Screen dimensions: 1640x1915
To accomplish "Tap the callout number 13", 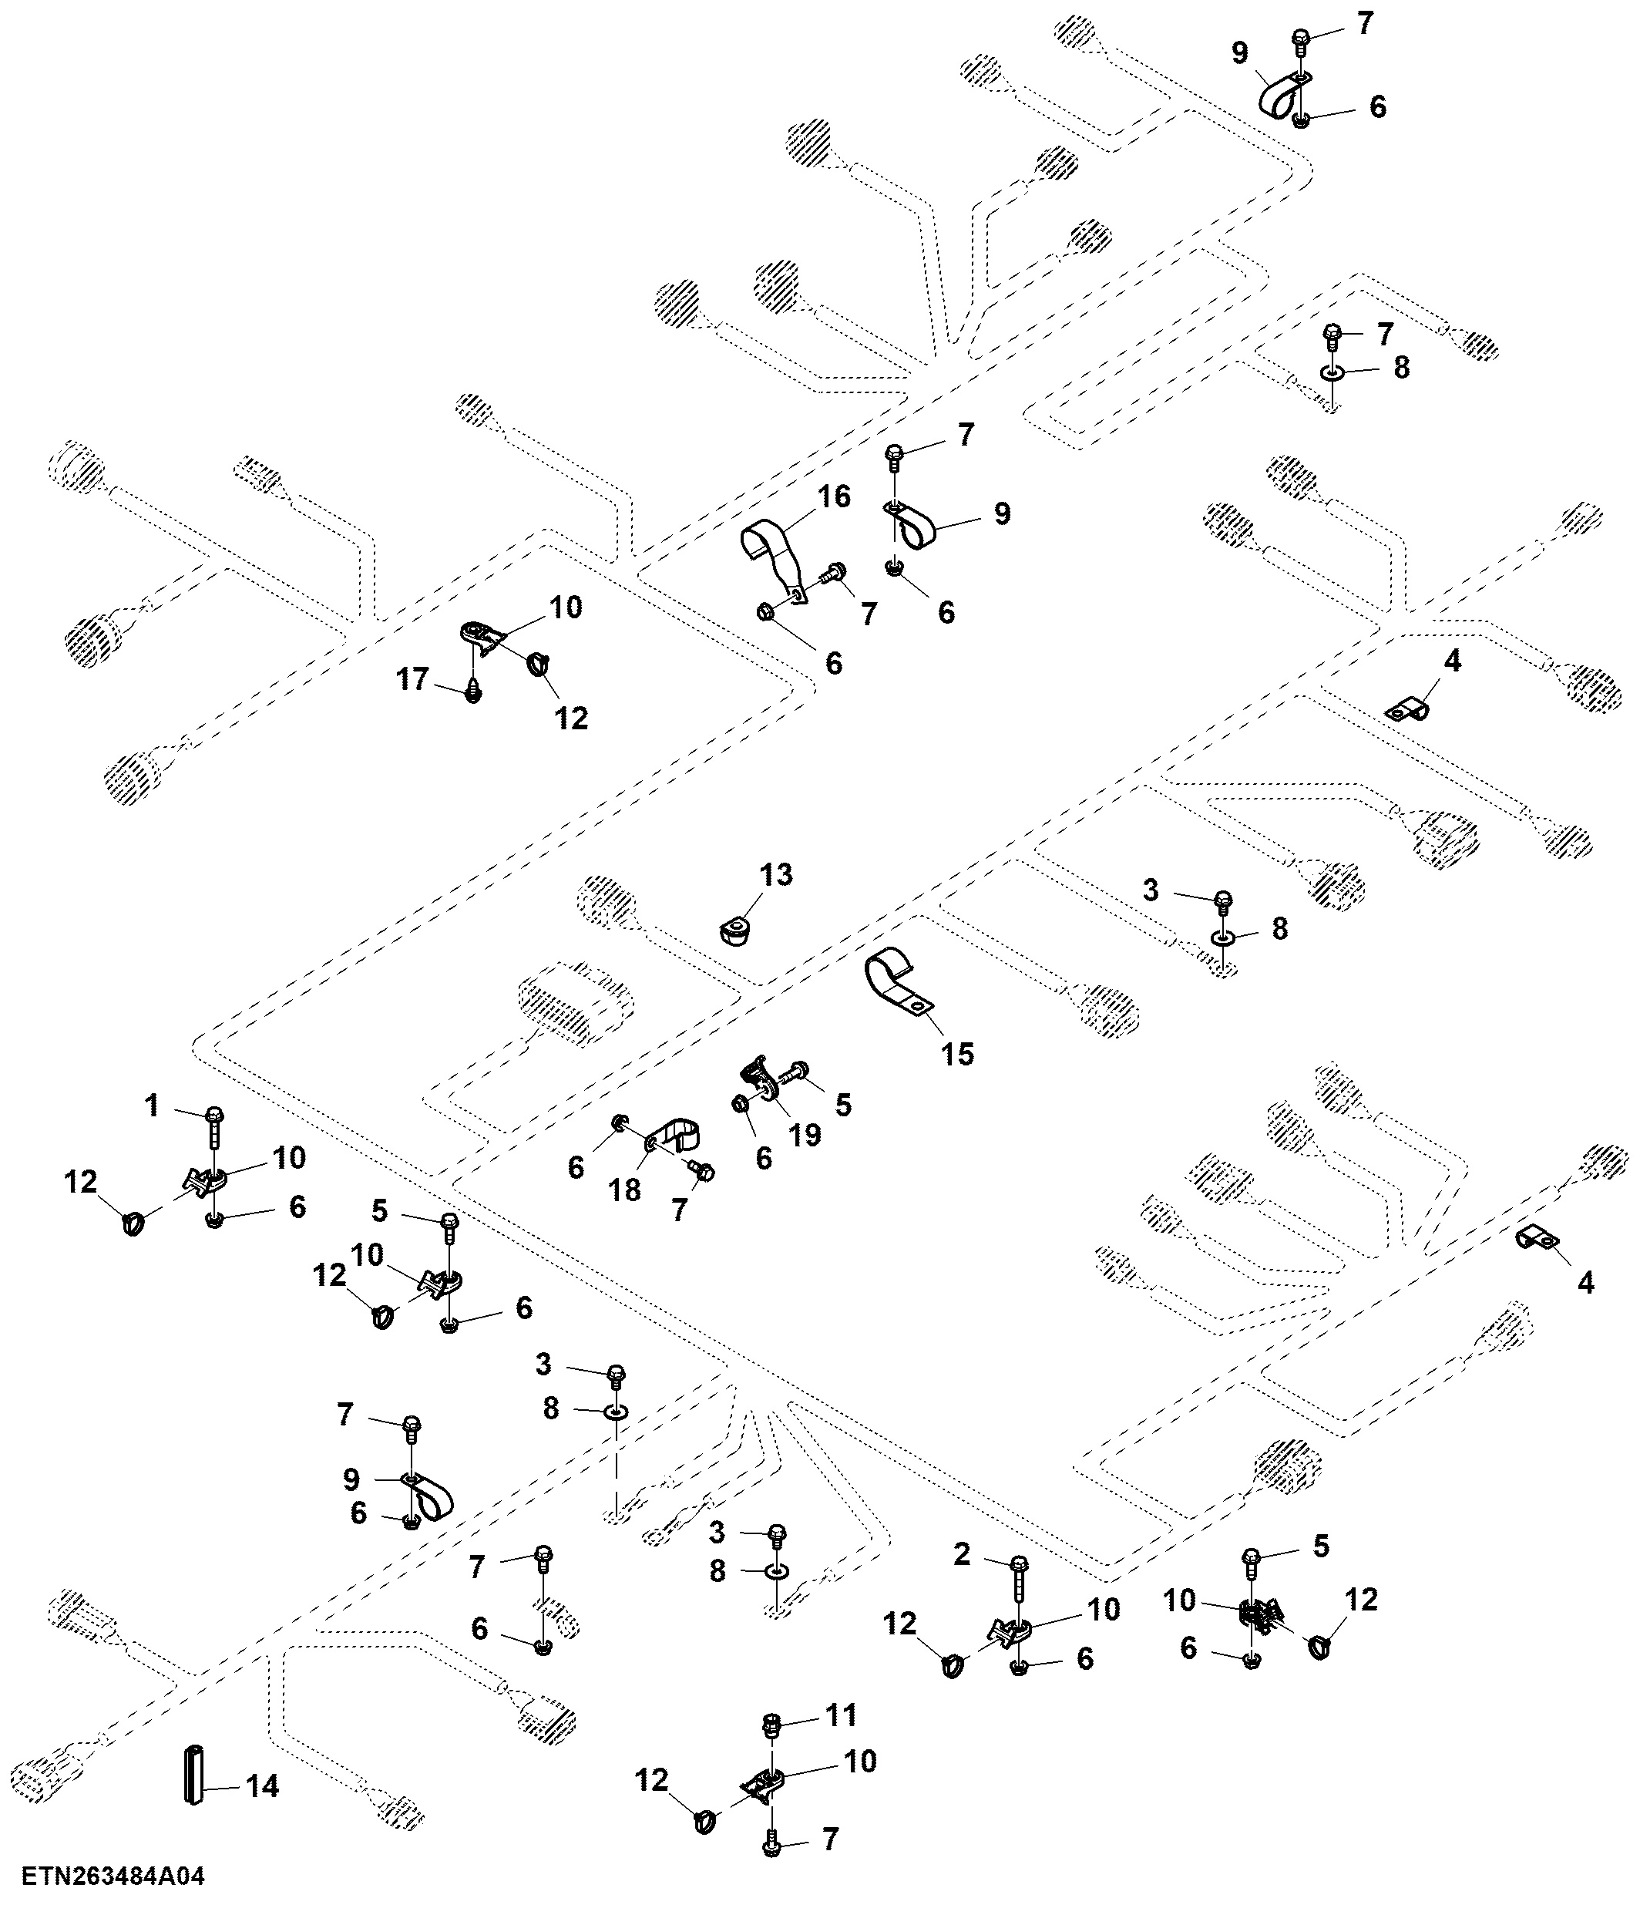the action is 776,874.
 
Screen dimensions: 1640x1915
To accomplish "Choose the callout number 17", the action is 413,679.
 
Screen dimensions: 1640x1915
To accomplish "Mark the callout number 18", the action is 626,1190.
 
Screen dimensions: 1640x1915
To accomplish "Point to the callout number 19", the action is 805,1134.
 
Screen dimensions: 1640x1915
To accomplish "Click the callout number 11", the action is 842,1715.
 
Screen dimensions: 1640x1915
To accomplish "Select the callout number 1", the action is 153,1106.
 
